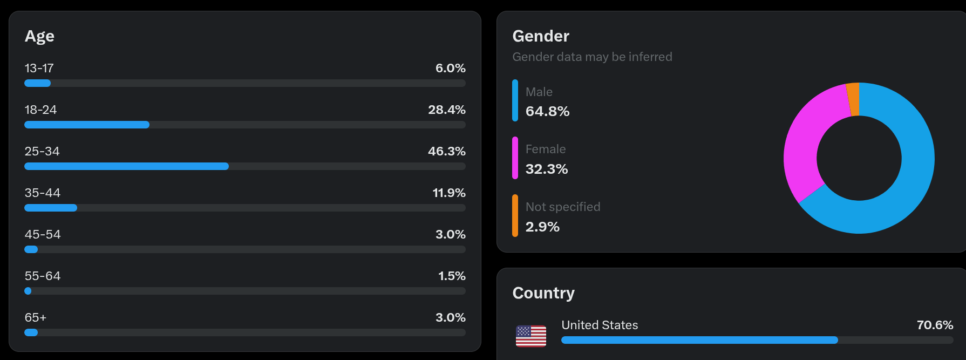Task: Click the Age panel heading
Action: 39,36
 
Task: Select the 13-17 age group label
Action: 39,69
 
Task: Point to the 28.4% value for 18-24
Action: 446,110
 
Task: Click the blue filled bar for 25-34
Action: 126,166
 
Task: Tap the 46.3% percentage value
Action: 446,152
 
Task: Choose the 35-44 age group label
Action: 42,193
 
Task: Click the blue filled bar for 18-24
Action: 86,125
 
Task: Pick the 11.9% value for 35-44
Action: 448,193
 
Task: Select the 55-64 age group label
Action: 42,276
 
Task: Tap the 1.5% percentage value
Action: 451,276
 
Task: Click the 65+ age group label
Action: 36,318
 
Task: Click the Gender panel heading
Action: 540,36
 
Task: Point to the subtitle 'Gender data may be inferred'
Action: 592,57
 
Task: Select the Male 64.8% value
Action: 547,112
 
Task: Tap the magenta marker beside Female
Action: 515,158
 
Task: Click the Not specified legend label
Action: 562,207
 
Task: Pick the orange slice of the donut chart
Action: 853,99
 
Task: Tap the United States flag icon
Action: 530,336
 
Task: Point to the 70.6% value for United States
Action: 935,325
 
